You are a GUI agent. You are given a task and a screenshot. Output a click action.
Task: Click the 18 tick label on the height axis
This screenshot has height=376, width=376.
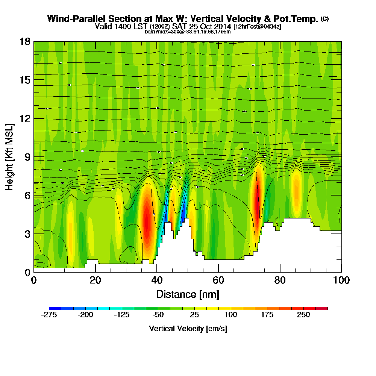coord(25,41)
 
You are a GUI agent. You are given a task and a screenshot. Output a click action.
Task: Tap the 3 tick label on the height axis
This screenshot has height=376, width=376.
coord(27,234)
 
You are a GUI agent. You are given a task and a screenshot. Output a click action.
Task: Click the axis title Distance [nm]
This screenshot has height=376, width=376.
coord(188,294)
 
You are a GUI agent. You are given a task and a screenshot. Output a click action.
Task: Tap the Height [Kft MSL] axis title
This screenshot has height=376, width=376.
coord(10,157)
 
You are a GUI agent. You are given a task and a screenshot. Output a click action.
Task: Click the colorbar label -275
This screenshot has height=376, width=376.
coord(49,315)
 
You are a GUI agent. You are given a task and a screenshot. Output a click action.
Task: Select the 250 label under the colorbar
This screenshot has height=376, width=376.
coord(303,315)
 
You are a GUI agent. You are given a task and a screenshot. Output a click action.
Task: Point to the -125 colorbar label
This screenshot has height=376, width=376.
coord(121,315)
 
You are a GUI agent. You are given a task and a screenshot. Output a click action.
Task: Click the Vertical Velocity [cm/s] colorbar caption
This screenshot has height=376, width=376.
coord(188,329)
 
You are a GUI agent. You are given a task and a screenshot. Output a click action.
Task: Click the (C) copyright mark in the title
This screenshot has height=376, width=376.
coord(324,19)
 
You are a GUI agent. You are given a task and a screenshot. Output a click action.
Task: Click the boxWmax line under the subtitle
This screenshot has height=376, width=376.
coord(188,32)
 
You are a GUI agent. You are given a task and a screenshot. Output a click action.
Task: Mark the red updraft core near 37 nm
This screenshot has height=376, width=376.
coord(147,222)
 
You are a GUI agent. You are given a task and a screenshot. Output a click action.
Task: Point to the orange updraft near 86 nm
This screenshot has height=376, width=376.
coord(297,190)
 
